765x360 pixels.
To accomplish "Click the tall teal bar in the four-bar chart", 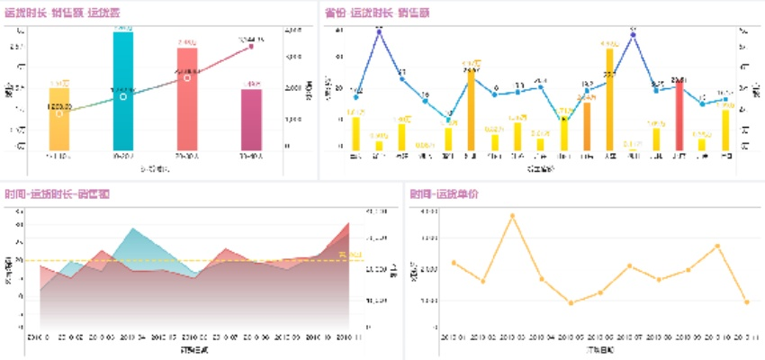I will (123, 90).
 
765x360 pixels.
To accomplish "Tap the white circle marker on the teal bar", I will (123, 95).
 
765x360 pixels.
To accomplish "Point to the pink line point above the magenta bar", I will (251, 45).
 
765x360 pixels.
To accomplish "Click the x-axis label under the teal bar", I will (123, 156).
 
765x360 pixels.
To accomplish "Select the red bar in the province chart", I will (679, 117).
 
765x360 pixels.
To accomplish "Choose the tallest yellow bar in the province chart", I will (609, 99).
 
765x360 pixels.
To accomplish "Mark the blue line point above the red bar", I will (679, 86).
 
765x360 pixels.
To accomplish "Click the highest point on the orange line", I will (512, 216).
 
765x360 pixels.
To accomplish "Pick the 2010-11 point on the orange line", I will (746, 301).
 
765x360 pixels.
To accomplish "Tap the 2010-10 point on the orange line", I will (717, 246).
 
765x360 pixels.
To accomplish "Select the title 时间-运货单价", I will (445, 193).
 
